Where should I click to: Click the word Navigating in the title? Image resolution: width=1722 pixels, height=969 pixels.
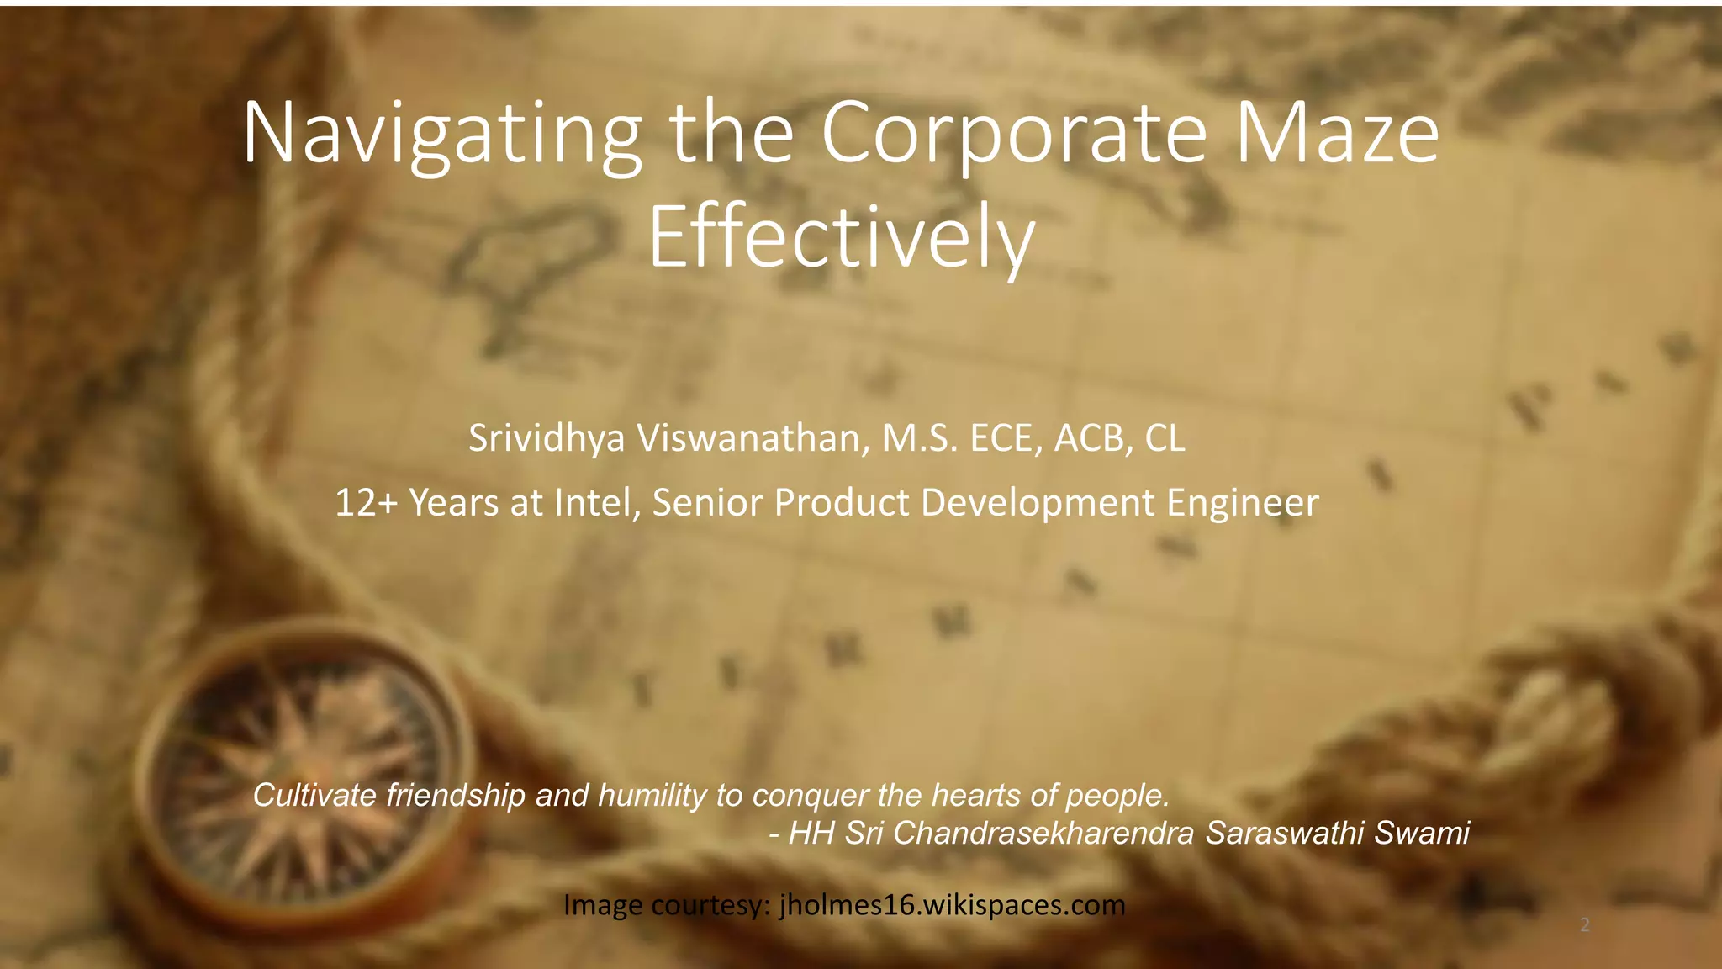441,135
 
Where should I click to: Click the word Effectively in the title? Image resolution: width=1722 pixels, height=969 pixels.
841,238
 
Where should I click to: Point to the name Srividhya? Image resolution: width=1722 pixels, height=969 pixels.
547,438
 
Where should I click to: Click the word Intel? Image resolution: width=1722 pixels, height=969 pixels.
592,503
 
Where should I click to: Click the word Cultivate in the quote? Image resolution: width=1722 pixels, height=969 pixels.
314,795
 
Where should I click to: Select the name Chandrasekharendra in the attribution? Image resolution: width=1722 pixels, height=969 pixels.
1043,833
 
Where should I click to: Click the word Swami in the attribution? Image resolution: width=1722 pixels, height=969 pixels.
1422,833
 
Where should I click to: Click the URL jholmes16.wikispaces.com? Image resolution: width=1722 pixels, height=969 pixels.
952,905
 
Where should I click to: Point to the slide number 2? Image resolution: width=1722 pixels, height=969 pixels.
1585,925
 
